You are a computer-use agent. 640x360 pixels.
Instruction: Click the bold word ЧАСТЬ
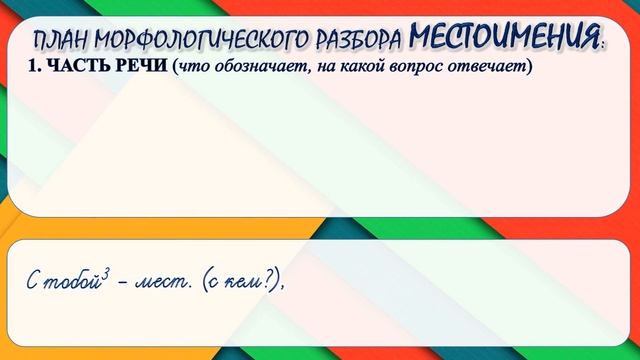(70, 68)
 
